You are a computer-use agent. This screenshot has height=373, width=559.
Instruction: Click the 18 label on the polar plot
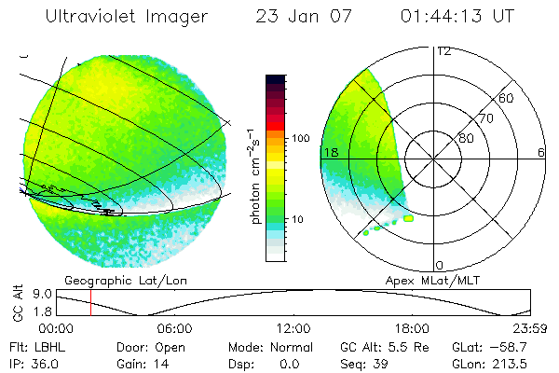click(x=330, y=152)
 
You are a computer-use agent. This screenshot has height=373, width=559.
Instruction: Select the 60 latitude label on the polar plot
click(x=507, y=98)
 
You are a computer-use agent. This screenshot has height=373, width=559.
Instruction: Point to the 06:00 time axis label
click(x=174, y=328)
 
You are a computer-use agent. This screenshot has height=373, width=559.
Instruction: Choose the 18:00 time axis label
click(x=411, y=328)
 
